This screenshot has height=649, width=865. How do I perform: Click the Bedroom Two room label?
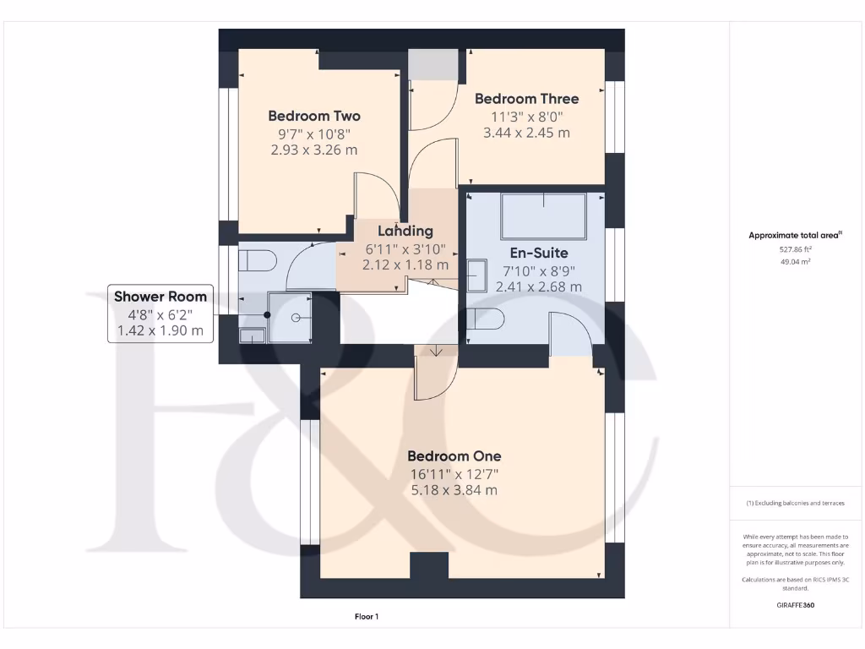314,116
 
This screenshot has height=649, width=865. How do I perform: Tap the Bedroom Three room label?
526,99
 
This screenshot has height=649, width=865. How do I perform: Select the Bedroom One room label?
454,456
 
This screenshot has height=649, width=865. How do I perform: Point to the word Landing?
405,231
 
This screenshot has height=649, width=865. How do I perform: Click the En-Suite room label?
538,253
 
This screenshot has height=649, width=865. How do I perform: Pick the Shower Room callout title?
160,296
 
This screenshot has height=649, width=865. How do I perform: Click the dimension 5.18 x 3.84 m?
454,490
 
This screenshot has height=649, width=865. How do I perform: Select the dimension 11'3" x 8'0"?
526,117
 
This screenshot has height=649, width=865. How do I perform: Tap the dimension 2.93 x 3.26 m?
314,150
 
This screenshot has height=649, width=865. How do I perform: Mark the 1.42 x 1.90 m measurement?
160,330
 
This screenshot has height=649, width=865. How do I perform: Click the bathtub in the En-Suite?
543,216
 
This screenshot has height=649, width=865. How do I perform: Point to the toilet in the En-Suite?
487,320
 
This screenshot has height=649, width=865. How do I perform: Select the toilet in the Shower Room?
257,260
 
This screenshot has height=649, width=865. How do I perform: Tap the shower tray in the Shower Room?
290,317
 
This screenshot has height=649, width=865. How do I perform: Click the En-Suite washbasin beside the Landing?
476,276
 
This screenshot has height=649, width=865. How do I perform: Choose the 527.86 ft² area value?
794,249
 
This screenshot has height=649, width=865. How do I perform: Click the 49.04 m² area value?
794,262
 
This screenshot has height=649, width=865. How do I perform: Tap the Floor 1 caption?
367,617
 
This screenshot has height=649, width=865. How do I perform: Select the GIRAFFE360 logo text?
794,605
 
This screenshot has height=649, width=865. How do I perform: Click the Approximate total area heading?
794,236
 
